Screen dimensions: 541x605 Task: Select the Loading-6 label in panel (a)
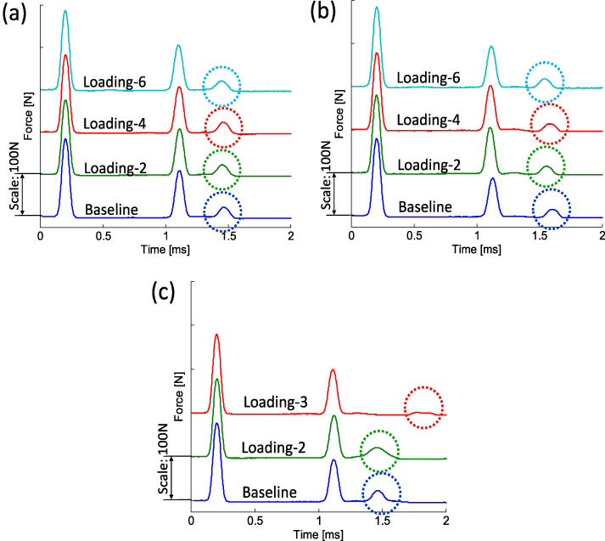pyautogui.click(x=115, y=82)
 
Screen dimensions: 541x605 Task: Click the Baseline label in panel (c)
pyautogui.click(x=269, y=492)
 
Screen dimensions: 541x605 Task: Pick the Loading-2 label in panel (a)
pyautogui.click(x=116, y=167)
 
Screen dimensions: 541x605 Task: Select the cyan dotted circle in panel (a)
pyautogui.click(x=221, y=84)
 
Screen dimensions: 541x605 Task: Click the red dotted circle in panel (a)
pyautogui.click(x=223, y=127)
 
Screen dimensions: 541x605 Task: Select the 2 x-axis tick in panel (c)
pyautogui.click(x=446, y=518)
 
